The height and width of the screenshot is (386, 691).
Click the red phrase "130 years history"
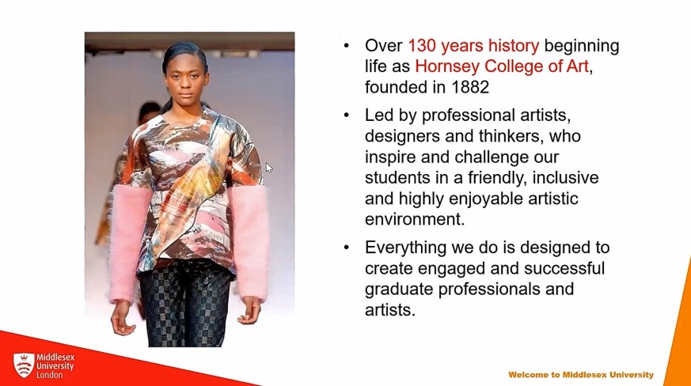pyautogui.click(x=473, y=46)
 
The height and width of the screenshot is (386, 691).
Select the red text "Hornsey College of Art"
pyautogui.click(x=502, y=66)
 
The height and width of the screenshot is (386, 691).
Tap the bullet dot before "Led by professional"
pyautogui.click(x=347, y=115)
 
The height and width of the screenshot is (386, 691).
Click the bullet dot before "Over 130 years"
pyautogui.click(x=347, y=46)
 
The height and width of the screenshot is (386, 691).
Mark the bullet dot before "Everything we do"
pyautogui.click(x=347, y=248)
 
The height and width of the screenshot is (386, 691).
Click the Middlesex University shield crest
pyautogui.click(x=24, y=365)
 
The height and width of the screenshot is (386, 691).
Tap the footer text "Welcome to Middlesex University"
pyautogui.click(x=581, y=375)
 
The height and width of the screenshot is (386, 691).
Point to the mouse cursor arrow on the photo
pyautogui.click(x=269, y=168)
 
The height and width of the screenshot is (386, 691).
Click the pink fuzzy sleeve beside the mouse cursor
pyautogui.click(x=249, y=242)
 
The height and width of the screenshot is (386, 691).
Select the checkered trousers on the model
pyautogui.click(x=185, y=304)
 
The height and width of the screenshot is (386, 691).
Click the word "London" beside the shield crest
pyautogui.click(x=49, y=375)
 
